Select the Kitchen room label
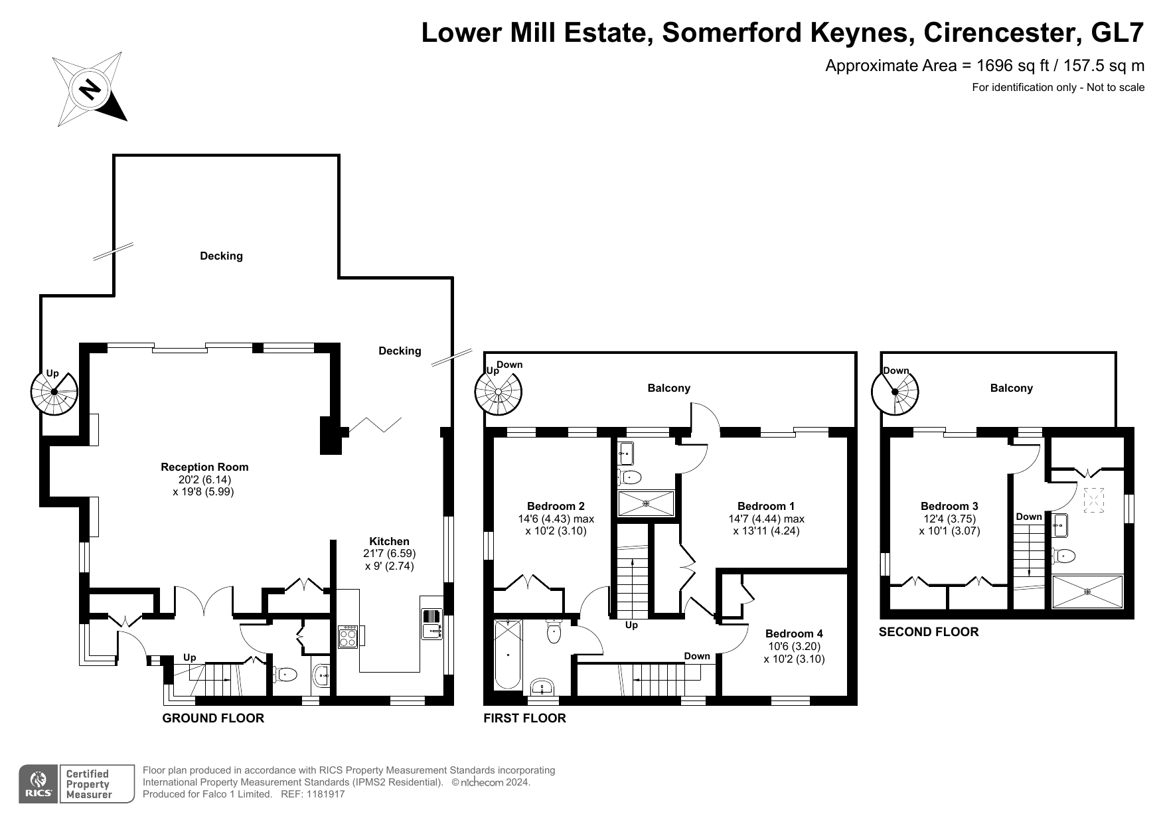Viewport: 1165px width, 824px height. coord(390,541)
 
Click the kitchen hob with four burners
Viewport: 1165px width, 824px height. coord(349,637)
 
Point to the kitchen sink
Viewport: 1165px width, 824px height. coord(432,624)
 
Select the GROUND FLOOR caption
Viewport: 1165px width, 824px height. coord(213,718)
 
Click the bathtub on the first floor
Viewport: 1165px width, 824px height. coord(508,655)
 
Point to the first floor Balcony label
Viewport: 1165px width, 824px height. coord(668,388)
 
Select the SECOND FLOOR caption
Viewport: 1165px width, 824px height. coord(929,631)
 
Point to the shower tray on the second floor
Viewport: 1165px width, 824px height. coord(1088,592)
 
